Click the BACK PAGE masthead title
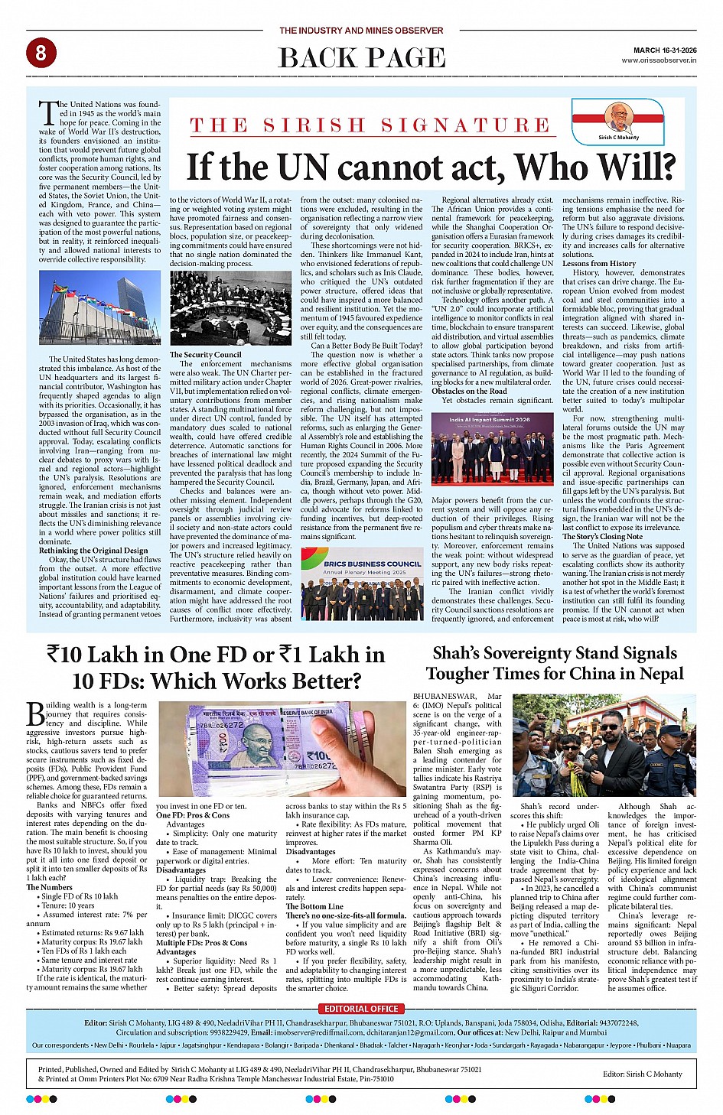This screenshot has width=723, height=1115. pyautogui.click(x=361, y=57)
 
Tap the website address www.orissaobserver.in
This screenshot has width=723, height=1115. pyautogui.click(x=659, y=60)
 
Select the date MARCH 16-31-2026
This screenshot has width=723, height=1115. pyautogui.click(x=665, y=50)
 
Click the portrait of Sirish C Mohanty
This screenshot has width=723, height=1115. pyautogui.click(x=618, y=118)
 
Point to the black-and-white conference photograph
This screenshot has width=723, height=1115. pyautogui.click(x=230, y=308)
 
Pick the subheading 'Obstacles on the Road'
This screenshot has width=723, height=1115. pyautogui.click(x=469, y=391)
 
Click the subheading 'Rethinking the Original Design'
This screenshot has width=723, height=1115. pyautogui.click(x=93, y=551)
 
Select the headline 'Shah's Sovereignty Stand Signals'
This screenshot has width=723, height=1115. pyautogui.click(x=555, y=653)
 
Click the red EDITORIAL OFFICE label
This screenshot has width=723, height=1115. pyautogui.click(x=361, y=1009)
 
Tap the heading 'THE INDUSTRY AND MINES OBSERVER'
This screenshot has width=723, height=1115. pyautogui.click(x=361, y=31)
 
